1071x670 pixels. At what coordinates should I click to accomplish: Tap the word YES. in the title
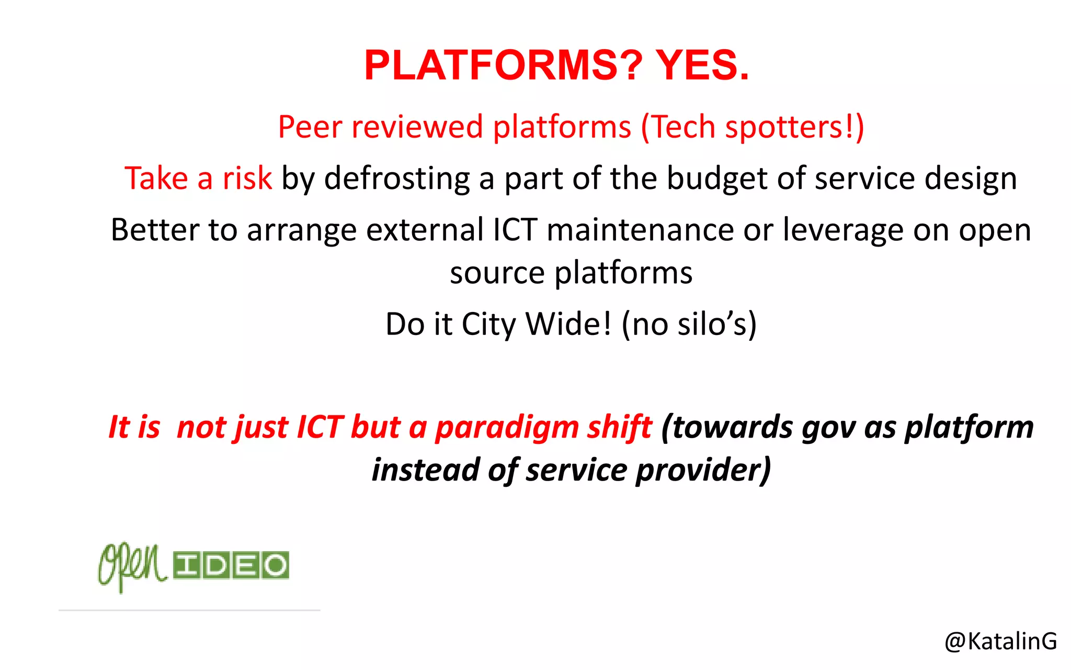click(x=702, y=65)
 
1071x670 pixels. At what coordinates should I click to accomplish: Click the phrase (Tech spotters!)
click(x=752, y=127)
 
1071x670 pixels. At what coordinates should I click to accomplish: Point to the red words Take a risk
click(x=198, y=178)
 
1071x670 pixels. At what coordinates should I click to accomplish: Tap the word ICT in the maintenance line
click(x=515, y=230)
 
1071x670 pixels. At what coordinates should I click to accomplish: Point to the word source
click(x=497, y=273)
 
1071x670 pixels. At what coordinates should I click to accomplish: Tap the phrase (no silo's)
click(x=689, y=325)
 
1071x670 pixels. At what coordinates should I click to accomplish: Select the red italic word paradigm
click(x=507, y=428)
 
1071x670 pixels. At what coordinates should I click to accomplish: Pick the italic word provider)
click(x=703, y=470)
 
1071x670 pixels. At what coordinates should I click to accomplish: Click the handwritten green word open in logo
click(x=132, y=566)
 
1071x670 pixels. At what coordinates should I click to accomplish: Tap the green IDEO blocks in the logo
click(x=231, y=565)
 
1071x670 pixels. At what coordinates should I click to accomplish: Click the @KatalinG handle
click(x=1000, y=641)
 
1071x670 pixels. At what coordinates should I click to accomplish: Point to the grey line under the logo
click(x=189, y=610)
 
